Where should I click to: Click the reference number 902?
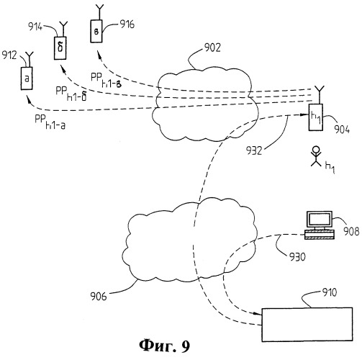click(x=212, y=48)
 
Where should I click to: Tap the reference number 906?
click(x=99, y=296)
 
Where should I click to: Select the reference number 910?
click(x=330, y=292)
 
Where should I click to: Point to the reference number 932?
click(x=254, y=150)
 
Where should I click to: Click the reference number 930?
click(x=297, y=257)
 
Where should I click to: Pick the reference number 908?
click(x=351, y=231)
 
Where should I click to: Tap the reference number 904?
click(x=342, y=130)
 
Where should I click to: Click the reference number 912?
click(x=9, y=55)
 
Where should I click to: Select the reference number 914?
click(x=35, y=27)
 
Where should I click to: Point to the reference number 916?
click(x=127, y=24)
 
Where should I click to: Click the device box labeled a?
click(x=27, y=78)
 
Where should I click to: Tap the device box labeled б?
click(x=60, y=48)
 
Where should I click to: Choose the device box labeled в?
click(x=96, y=31)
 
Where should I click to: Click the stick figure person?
click(x=316, y=156)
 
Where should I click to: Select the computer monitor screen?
click(x=320, y=220)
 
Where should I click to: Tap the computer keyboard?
click(x=320, y=235)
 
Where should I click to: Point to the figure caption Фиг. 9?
click(x=165, y=346)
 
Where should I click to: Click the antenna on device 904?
click(x=320, y=95)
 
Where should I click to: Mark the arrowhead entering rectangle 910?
click(x=258, y=314)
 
